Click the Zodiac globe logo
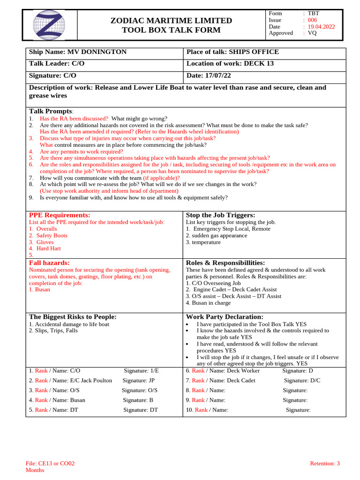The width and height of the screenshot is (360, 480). coord(49,25)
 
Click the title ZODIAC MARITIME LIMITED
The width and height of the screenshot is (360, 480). coord(171,21)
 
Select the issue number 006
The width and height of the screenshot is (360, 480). coord(312,20)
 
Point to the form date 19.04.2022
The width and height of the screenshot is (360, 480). coord(321,27)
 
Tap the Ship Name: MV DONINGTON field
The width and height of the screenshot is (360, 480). coord(78,52)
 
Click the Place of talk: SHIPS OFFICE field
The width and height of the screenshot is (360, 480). coord(232,52)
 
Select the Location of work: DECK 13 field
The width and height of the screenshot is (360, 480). coord(230,64)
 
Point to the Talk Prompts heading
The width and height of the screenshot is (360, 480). coord(51,111)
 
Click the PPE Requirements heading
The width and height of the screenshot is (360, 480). coord(60,215)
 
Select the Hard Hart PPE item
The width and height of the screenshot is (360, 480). coord(49,248)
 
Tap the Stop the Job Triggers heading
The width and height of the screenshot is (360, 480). coord(220,215)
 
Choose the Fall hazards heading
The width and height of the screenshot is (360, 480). coord(49,263)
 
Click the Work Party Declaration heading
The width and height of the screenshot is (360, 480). coord(225,317)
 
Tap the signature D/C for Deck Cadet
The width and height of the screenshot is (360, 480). coord(315,381)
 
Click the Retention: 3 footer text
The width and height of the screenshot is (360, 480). coord(324,464)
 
